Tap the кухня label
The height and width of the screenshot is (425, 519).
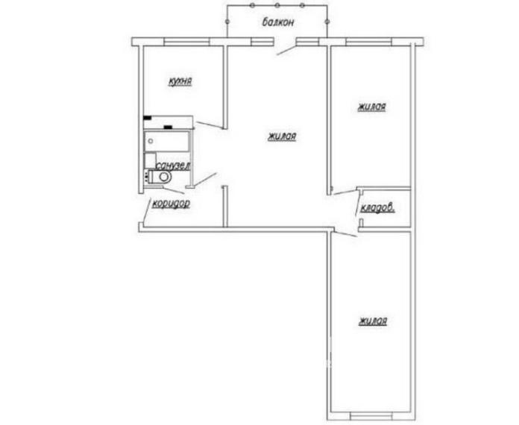[x=182, y=80]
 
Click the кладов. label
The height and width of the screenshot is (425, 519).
[x=377, y=209]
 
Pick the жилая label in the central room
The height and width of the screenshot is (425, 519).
[x=282, y=136]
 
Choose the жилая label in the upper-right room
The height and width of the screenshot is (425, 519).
[x=371, y=107]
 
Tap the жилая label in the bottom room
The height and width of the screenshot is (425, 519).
[x=372, y=321]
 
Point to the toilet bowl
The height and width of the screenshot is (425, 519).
[x=160, y=177]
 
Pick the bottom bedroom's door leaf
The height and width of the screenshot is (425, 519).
[x=344, y=235]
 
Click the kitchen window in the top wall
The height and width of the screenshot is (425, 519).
[x=183, y=41]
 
